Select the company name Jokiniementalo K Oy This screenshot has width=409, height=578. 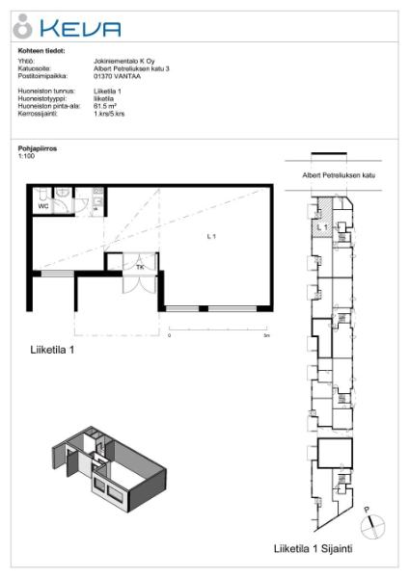point(114,61)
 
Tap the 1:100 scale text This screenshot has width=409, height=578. point(25,157)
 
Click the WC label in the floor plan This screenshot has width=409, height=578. point(43,205)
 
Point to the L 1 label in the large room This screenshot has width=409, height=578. point(212,236)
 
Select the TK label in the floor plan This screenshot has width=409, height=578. point(140,266)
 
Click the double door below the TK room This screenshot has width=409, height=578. point(135,285)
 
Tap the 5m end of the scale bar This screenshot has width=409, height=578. point(266,336)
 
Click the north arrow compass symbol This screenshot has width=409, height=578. point(372,526)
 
